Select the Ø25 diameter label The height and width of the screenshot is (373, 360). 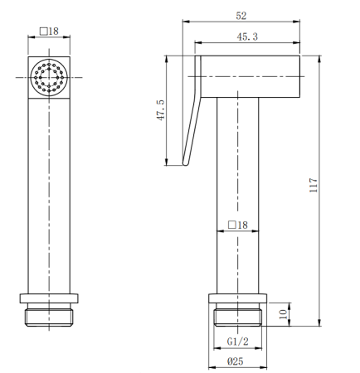point(238,361)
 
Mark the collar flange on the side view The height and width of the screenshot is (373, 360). point(238,299)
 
